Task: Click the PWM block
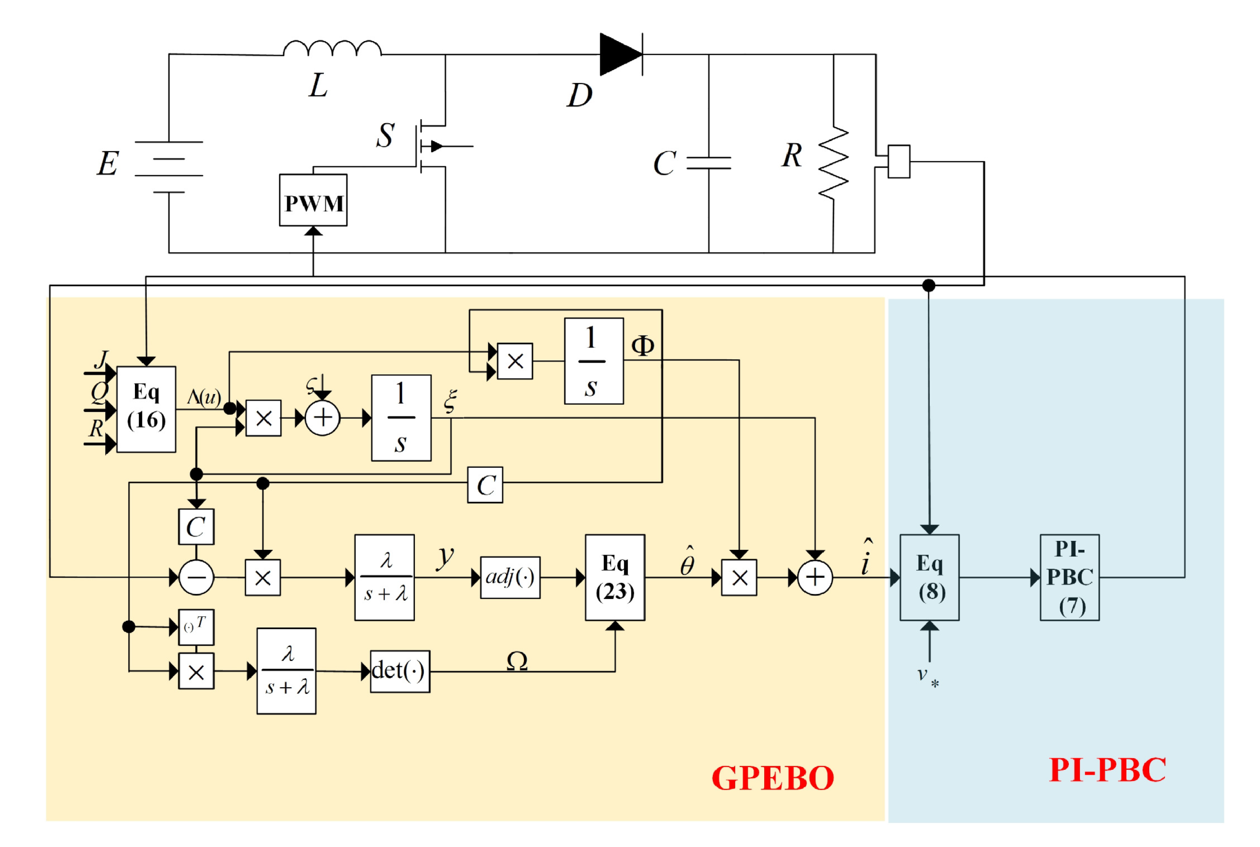click(x=313, y=200)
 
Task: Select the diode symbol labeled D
click(x=620, y=54)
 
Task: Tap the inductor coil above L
click(x=332, y=49)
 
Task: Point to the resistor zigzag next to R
click(x=833, y=163)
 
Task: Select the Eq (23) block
click(x=615, y=577)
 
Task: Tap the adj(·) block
click(x=510, y=577)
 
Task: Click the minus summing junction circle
click(x=196, y=577)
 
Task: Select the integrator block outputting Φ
click(x=594, y=361)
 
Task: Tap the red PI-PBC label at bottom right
click(x=1107, y=770)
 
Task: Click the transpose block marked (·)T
click(x=196, y=627)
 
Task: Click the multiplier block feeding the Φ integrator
click(x=515, y=361)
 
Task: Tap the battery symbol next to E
click(x=169, y=167)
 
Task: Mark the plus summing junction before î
click(x=815, y=577)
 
